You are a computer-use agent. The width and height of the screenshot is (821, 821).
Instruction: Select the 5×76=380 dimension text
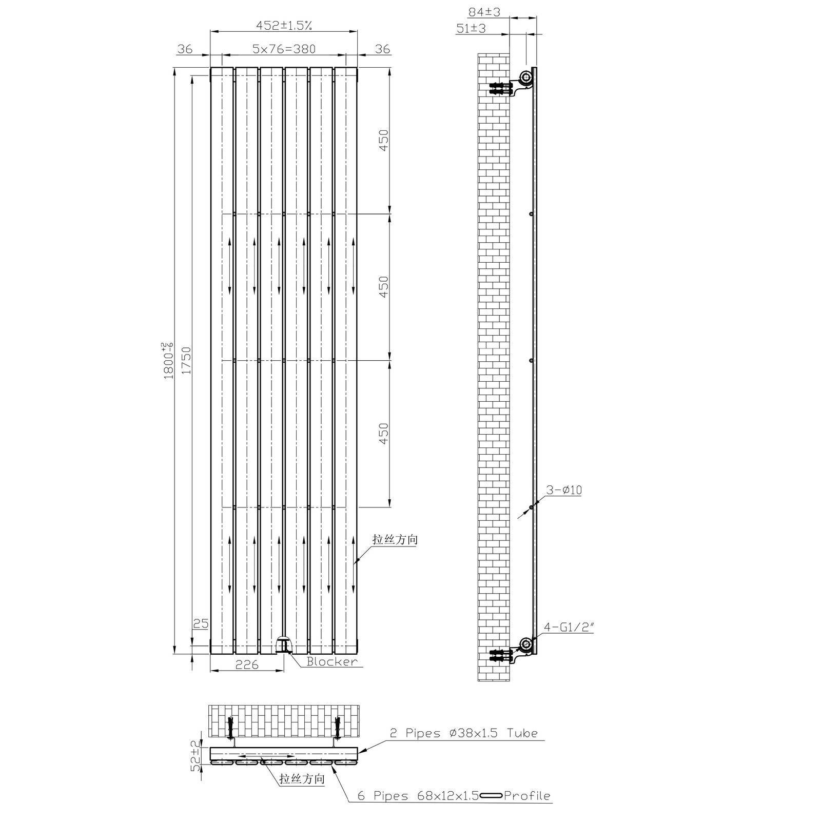[284, 49]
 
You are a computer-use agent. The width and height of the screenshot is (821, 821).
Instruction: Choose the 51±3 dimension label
[471, 29]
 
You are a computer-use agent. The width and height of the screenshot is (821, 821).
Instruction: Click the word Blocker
[332, 661]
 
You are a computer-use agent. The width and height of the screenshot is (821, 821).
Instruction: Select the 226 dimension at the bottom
[246, 664]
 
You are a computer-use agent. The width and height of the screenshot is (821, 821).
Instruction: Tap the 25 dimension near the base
[201, 624]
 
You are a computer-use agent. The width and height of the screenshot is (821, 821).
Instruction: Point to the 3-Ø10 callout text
[563, 490]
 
